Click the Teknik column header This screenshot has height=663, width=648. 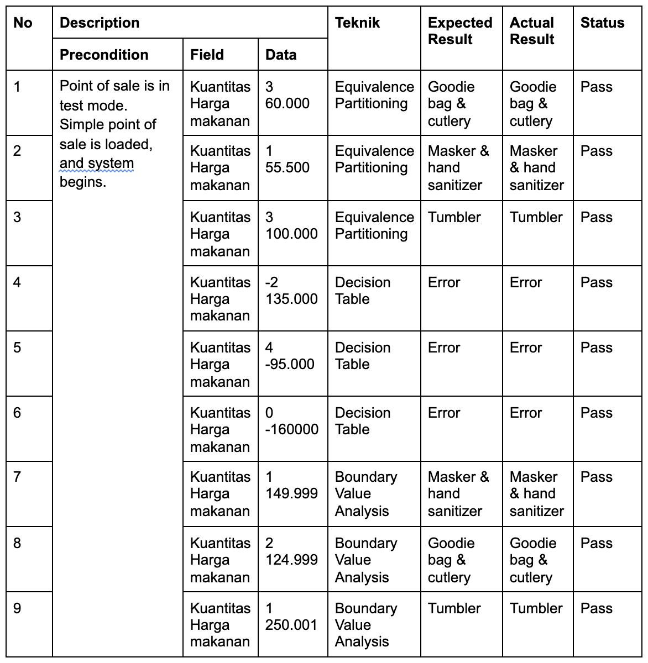pos(357,23)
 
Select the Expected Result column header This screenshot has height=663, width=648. pos(459,31)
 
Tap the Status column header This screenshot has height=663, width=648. pos(602,23)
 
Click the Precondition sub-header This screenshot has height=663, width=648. pos(104,55)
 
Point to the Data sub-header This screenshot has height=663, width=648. pos(281,55)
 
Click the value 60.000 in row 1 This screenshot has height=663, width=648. pos(288,103)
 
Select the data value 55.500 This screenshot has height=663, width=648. pos(288,167)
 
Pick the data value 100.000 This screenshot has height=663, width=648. pos(291,234)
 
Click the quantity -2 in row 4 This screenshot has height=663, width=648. pos(271,282)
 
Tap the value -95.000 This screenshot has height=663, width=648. pos(290,364)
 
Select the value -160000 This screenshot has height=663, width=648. pos(292,429)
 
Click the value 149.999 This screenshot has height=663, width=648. pos(291,493)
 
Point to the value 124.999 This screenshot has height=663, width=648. pos(291,560)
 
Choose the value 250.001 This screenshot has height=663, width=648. pos(291,625)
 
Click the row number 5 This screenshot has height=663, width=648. pos(17,348)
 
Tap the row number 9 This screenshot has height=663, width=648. pos(17,608)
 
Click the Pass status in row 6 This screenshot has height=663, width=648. pos(596,413)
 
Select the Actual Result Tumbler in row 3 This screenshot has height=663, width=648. pos(536,217)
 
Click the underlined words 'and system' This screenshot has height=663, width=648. pos(97,164)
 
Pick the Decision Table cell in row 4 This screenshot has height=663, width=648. pos(362,291)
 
